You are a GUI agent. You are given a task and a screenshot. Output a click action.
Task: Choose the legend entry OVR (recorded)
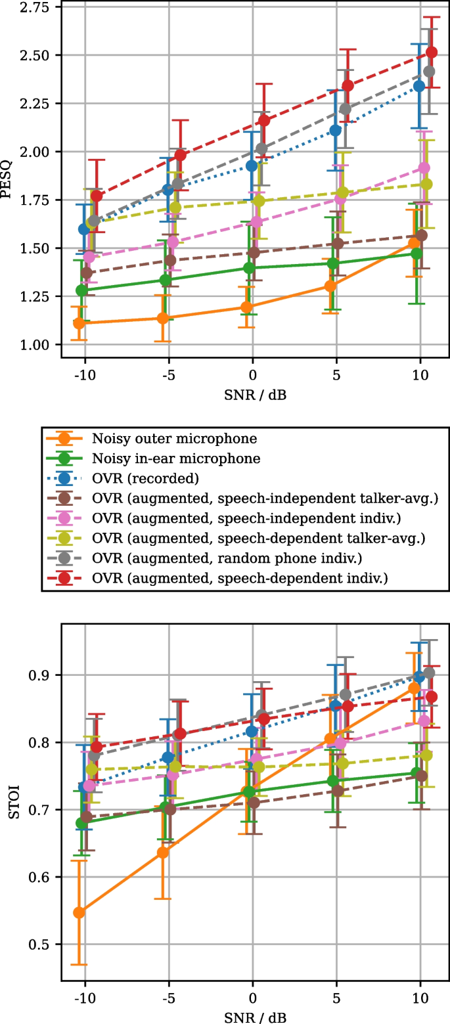pyautogui.click(x=145, y=478)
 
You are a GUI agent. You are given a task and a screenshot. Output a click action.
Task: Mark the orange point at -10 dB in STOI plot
pyautogui.click(x=79, y=912)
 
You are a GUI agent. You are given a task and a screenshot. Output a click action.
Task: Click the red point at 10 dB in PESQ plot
pyautogui.click(x=432, y=53)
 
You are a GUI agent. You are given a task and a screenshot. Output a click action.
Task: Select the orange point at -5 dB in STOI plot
pyautogui.click(x=163, y=853)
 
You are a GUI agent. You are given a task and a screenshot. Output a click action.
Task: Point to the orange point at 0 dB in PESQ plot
pyautogui.click(x=247, y=307)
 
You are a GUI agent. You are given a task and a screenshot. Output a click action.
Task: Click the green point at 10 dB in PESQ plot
pyautogui.click(x=416, y=254)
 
